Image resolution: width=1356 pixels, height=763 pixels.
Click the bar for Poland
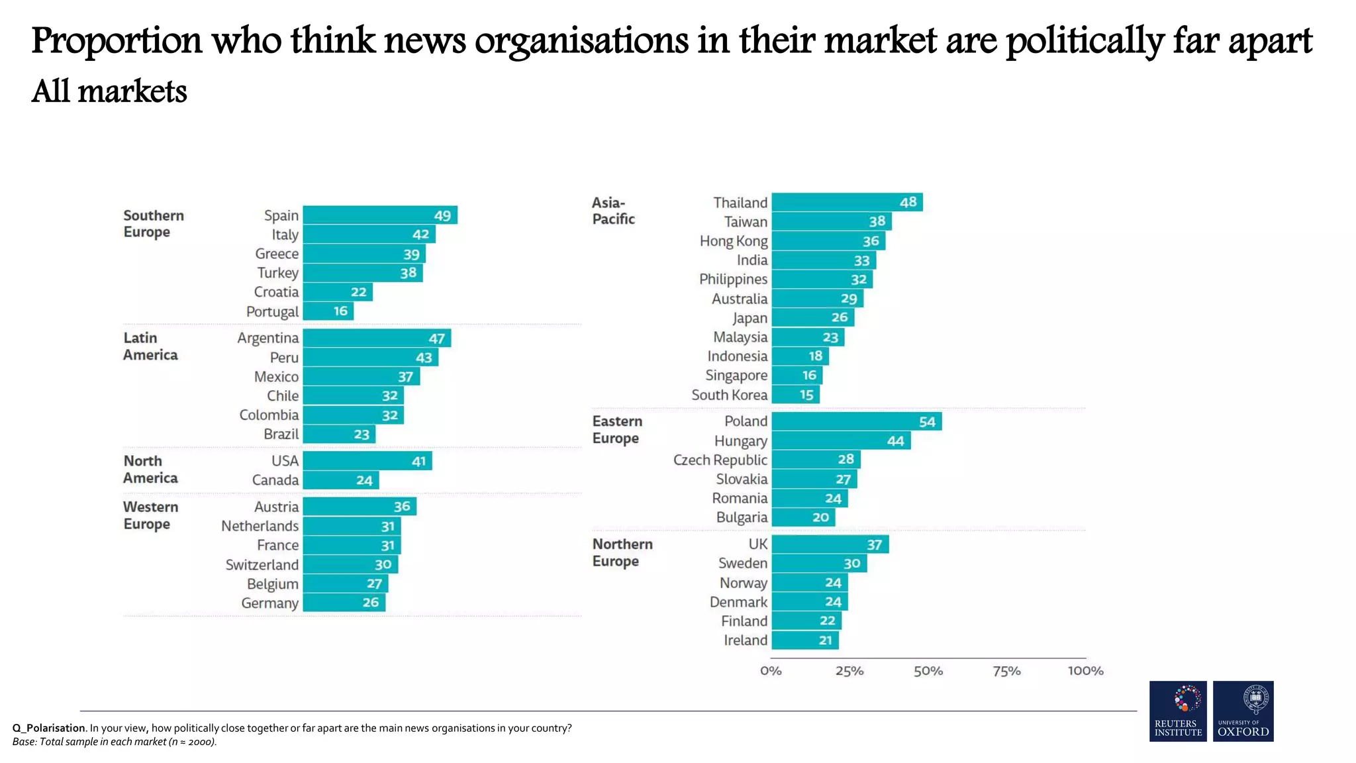click(856, 421)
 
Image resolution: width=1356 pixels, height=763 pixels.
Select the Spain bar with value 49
click(379, 215)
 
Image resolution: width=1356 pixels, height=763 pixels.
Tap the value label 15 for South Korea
click(806, 395)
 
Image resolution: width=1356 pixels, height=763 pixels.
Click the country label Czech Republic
click(720, 460)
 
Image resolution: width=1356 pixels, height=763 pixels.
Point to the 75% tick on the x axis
click(1006, 671)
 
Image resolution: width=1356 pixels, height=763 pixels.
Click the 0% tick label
click(771, 671)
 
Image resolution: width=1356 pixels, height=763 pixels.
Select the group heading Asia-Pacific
click(612, 211)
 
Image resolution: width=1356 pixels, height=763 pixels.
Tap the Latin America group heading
click(150, 346)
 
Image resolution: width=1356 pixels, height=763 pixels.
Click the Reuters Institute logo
click(1178, 711)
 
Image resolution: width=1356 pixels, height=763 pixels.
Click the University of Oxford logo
click(1243, 711)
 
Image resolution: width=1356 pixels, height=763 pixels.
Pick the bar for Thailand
click(846, 202)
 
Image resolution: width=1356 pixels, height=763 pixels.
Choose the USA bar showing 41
click(367, 461)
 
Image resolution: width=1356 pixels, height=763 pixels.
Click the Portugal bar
click(328, 311)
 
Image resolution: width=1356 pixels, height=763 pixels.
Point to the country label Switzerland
click(262, 565)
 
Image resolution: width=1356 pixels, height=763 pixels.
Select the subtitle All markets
click(109, 91)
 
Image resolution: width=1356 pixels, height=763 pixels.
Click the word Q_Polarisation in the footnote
click(48, 728)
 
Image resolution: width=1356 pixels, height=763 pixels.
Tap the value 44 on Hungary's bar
click(895, 441)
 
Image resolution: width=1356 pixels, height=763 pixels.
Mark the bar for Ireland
click(804, 640)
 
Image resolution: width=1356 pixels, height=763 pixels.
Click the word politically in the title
click(1085, 41)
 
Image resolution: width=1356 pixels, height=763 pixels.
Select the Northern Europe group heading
click(622, 552)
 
